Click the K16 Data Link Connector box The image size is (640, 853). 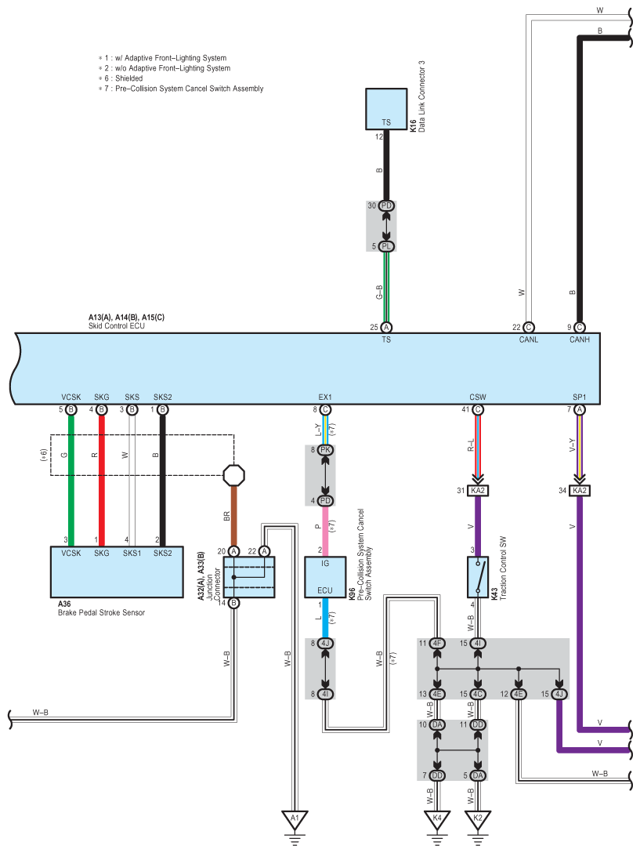coord(386,109)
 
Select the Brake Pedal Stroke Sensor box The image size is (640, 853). coord(117,572)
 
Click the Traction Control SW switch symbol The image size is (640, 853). coord(478,577)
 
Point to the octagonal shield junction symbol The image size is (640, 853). coord(233,475)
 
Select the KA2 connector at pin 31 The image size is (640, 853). coord(478,491)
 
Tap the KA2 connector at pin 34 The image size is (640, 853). coord(580,491)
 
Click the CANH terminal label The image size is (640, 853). coord(580,339)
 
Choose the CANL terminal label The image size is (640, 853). coord(529,339)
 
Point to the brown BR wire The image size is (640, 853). coord(233,516)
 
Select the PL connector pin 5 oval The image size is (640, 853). coord(386,246)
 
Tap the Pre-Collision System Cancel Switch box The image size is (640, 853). coord(325,577)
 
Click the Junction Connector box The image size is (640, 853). coord(249,577)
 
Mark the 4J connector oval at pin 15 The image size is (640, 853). coord(559,694)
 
